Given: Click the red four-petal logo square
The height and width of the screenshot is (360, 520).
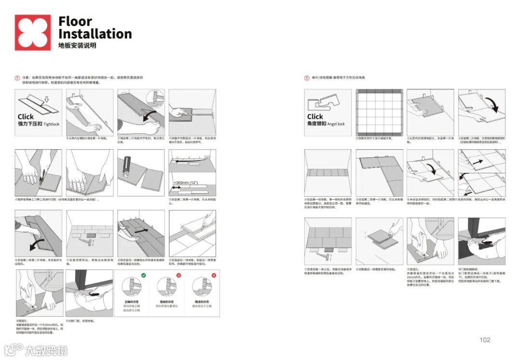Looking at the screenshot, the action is pyautogui.click(x=32, y=32).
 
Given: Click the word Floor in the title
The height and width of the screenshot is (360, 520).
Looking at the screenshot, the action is pyautogui.click(x=75, y=22).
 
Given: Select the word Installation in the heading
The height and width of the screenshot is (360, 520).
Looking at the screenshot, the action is pyautogui.click(x=95, y=34).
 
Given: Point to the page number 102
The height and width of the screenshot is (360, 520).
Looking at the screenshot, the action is pyautogui.click(x=485, y=340).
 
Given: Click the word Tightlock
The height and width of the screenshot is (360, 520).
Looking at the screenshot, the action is pyautogui.click(x=52, y=124).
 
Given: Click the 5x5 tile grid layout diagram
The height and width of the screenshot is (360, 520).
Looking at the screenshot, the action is pyautogui.click(x=379, y=112).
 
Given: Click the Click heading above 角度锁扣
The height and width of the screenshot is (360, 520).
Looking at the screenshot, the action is pyautogui.click(x=315, y=116).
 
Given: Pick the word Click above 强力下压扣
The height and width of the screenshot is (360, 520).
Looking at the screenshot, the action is pyautogui.click(x=26, y=116).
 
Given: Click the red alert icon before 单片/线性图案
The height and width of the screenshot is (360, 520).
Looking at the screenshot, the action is pyautogui.click(x=307, y=77).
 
